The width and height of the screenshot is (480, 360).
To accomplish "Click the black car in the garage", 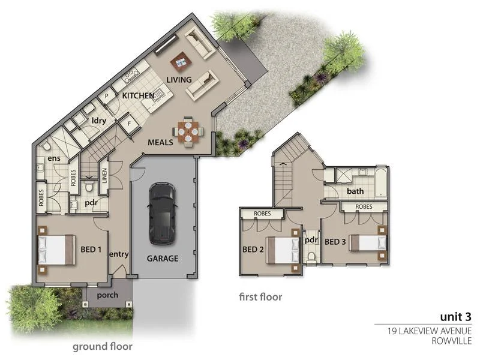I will (161, 214).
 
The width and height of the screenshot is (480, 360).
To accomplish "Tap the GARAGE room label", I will (163, 259).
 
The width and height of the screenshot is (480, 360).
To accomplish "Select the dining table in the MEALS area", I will (188, 131).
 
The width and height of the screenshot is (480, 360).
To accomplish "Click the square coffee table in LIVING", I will (179, 60).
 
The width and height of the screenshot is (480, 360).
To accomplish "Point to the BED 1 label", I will (91, 249).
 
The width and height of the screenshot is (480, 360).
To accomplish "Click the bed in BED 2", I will (283, 250).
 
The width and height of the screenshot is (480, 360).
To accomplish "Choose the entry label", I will (119, 254).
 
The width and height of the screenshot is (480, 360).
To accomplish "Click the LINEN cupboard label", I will (103, 175).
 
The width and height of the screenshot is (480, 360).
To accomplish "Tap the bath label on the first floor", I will (355, 191).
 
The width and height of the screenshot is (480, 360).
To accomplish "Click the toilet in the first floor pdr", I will (311, 257).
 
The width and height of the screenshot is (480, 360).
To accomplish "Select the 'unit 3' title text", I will (455, 317).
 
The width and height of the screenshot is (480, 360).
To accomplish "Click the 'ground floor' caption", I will (103, 346).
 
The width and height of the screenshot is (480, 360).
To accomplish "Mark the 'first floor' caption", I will (260, 296).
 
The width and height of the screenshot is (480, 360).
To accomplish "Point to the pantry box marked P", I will (107, 95).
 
